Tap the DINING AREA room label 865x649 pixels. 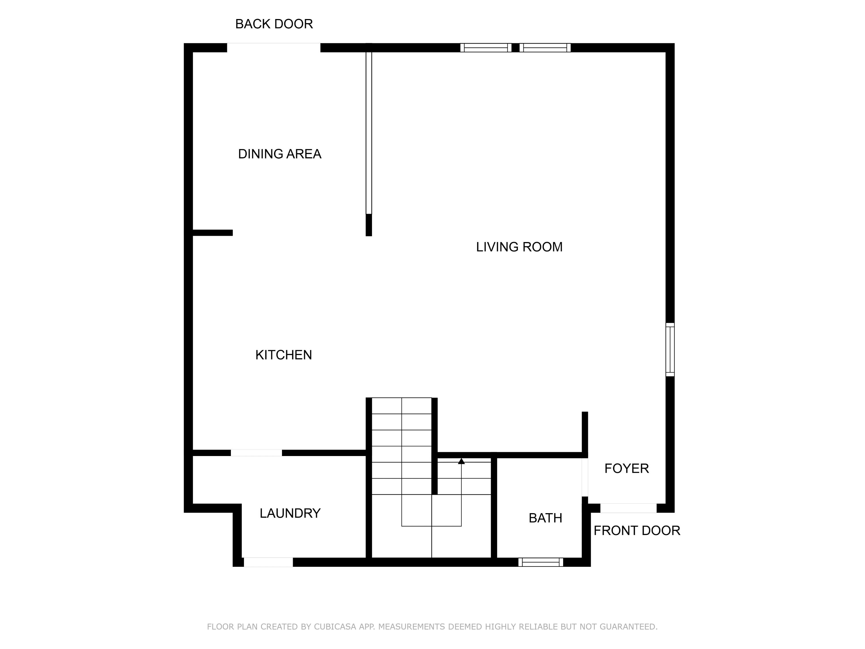click(280, 154)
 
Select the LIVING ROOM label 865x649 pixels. click(519, 247)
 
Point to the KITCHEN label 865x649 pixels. click(283, 355)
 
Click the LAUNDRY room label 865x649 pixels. click(290, 513)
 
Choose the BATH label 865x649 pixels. click(545, 518)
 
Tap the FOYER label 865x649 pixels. click(627, 468)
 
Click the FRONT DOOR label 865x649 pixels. click(637, 530)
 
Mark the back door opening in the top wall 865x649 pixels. click(274, 47)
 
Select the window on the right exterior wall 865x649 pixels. click(670, 350)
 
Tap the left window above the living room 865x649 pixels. click(486, 48)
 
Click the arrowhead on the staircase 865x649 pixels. click(461, 461)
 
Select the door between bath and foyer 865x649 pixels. click(585, 477)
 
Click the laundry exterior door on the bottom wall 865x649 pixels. click(268, 562)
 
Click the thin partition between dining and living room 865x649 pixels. click(369, 133)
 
